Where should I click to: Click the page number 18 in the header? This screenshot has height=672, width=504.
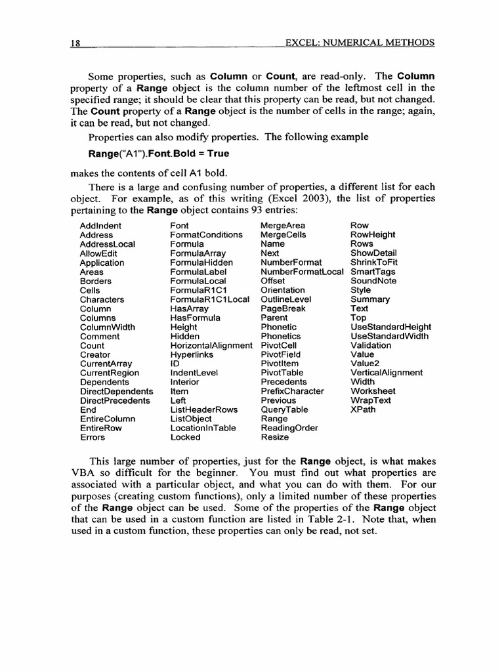(x=75, y=43)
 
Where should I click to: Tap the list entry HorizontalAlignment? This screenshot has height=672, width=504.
(x=211, y=345)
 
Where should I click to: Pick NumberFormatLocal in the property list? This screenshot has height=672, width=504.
(x=302, y=272)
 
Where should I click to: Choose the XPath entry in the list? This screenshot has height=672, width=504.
(x=363, y=409)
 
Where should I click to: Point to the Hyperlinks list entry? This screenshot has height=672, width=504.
(x=191, y=354)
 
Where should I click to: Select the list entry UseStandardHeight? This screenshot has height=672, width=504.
(x=391, y=327)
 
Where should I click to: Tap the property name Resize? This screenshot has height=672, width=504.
(x=274, y=437)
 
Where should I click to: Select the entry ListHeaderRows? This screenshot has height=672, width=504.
(x=204, y=409)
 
